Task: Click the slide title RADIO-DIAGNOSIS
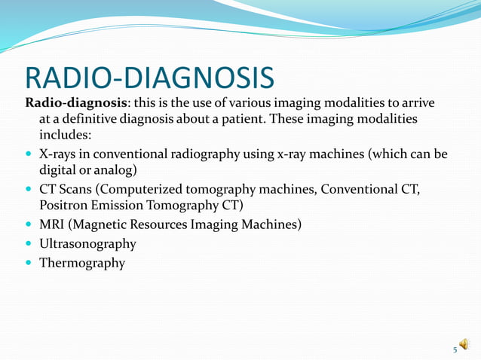coord(149,78)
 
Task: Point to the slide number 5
coord(455,349)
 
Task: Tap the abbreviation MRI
coord(52,224)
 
